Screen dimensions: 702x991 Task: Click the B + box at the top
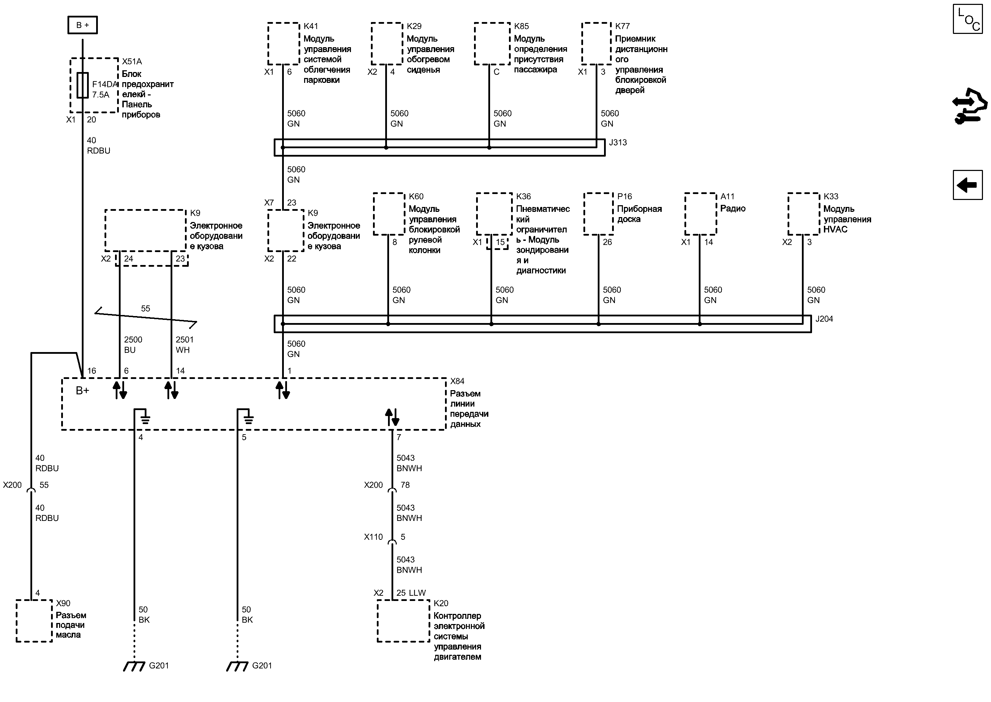tap(82, 25)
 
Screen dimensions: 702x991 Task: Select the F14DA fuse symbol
tap(82, 85)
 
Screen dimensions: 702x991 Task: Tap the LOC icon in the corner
tap(967, 19)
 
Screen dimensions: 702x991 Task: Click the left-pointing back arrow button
tap(967, 185)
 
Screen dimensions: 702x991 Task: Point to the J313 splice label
tap(618, 143)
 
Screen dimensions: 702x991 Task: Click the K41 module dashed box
tap(283, 44)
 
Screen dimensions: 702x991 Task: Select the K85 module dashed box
tap(492, 44)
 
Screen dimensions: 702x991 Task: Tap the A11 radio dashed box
tap(701, 214)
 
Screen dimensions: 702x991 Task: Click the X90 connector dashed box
tap(34, 621)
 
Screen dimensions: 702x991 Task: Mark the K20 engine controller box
tap(403, 621)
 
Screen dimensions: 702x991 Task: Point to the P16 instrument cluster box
tap(598, 214)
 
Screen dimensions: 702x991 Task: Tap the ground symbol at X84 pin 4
tap(145, 418)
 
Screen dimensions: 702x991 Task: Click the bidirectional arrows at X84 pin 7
tap(393, 417)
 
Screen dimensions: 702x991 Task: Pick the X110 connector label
tap(373, 537)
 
